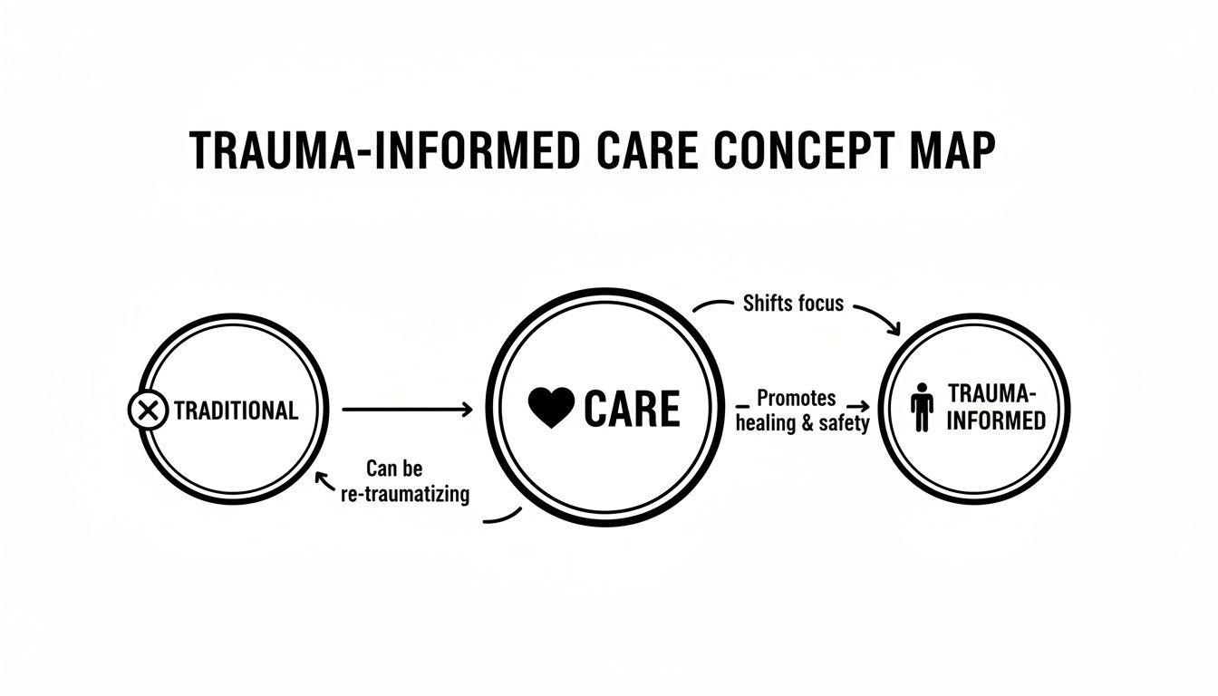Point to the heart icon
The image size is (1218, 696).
[551, 409]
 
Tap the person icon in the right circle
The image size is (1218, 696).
[922, 407]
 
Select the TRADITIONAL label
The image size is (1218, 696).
[236, 411]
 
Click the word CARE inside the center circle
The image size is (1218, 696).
[632, 409]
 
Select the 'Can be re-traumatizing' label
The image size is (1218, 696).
[405, 482]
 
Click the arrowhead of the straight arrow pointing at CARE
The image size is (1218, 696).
[468, 411]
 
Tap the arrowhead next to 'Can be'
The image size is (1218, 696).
[318, 478]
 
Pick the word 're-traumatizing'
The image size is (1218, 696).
[405, 495]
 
